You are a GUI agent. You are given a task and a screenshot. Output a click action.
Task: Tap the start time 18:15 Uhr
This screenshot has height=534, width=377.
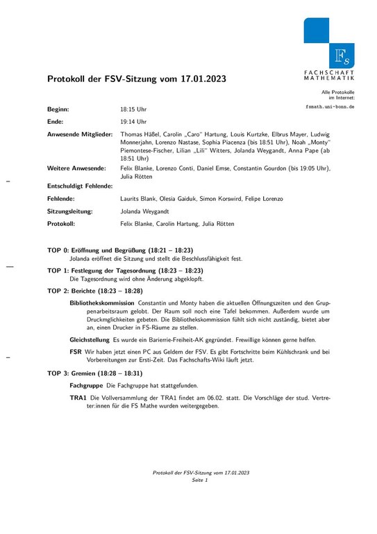tap(133, 110)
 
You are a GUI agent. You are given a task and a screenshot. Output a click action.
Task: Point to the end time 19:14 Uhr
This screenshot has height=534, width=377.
tap(133, 122)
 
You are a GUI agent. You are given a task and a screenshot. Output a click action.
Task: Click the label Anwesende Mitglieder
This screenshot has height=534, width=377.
tap(79, 133)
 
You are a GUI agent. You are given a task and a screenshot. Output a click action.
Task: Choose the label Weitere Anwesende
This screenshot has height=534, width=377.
tap(76, 168)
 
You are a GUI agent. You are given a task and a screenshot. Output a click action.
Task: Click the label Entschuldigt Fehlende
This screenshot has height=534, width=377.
tap(80, 186)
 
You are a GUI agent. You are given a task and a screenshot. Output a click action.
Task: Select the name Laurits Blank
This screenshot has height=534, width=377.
tap(138, 199)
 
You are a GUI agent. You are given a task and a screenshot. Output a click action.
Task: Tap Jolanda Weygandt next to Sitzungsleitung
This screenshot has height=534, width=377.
tap(145, 211)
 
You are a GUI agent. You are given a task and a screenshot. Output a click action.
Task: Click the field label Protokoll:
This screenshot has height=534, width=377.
tap(61, 224)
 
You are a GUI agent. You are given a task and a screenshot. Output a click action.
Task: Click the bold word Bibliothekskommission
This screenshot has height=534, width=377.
tap(102, 304)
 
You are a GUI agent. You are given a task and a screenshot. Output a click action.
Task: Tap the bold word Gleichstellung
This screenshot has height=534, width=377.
tap(90, 339)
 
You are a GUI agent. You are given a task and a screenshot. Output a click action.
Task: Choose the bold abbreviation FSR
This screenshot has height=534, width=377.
tap(76, 352)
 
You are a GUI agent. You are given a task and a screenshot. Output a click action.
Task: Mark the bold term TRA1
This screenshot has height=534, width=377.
tap(78, 398)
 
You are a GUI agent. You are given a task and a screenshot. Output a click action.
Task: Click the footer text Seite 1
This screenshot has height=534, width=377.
tap(201, 480)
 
